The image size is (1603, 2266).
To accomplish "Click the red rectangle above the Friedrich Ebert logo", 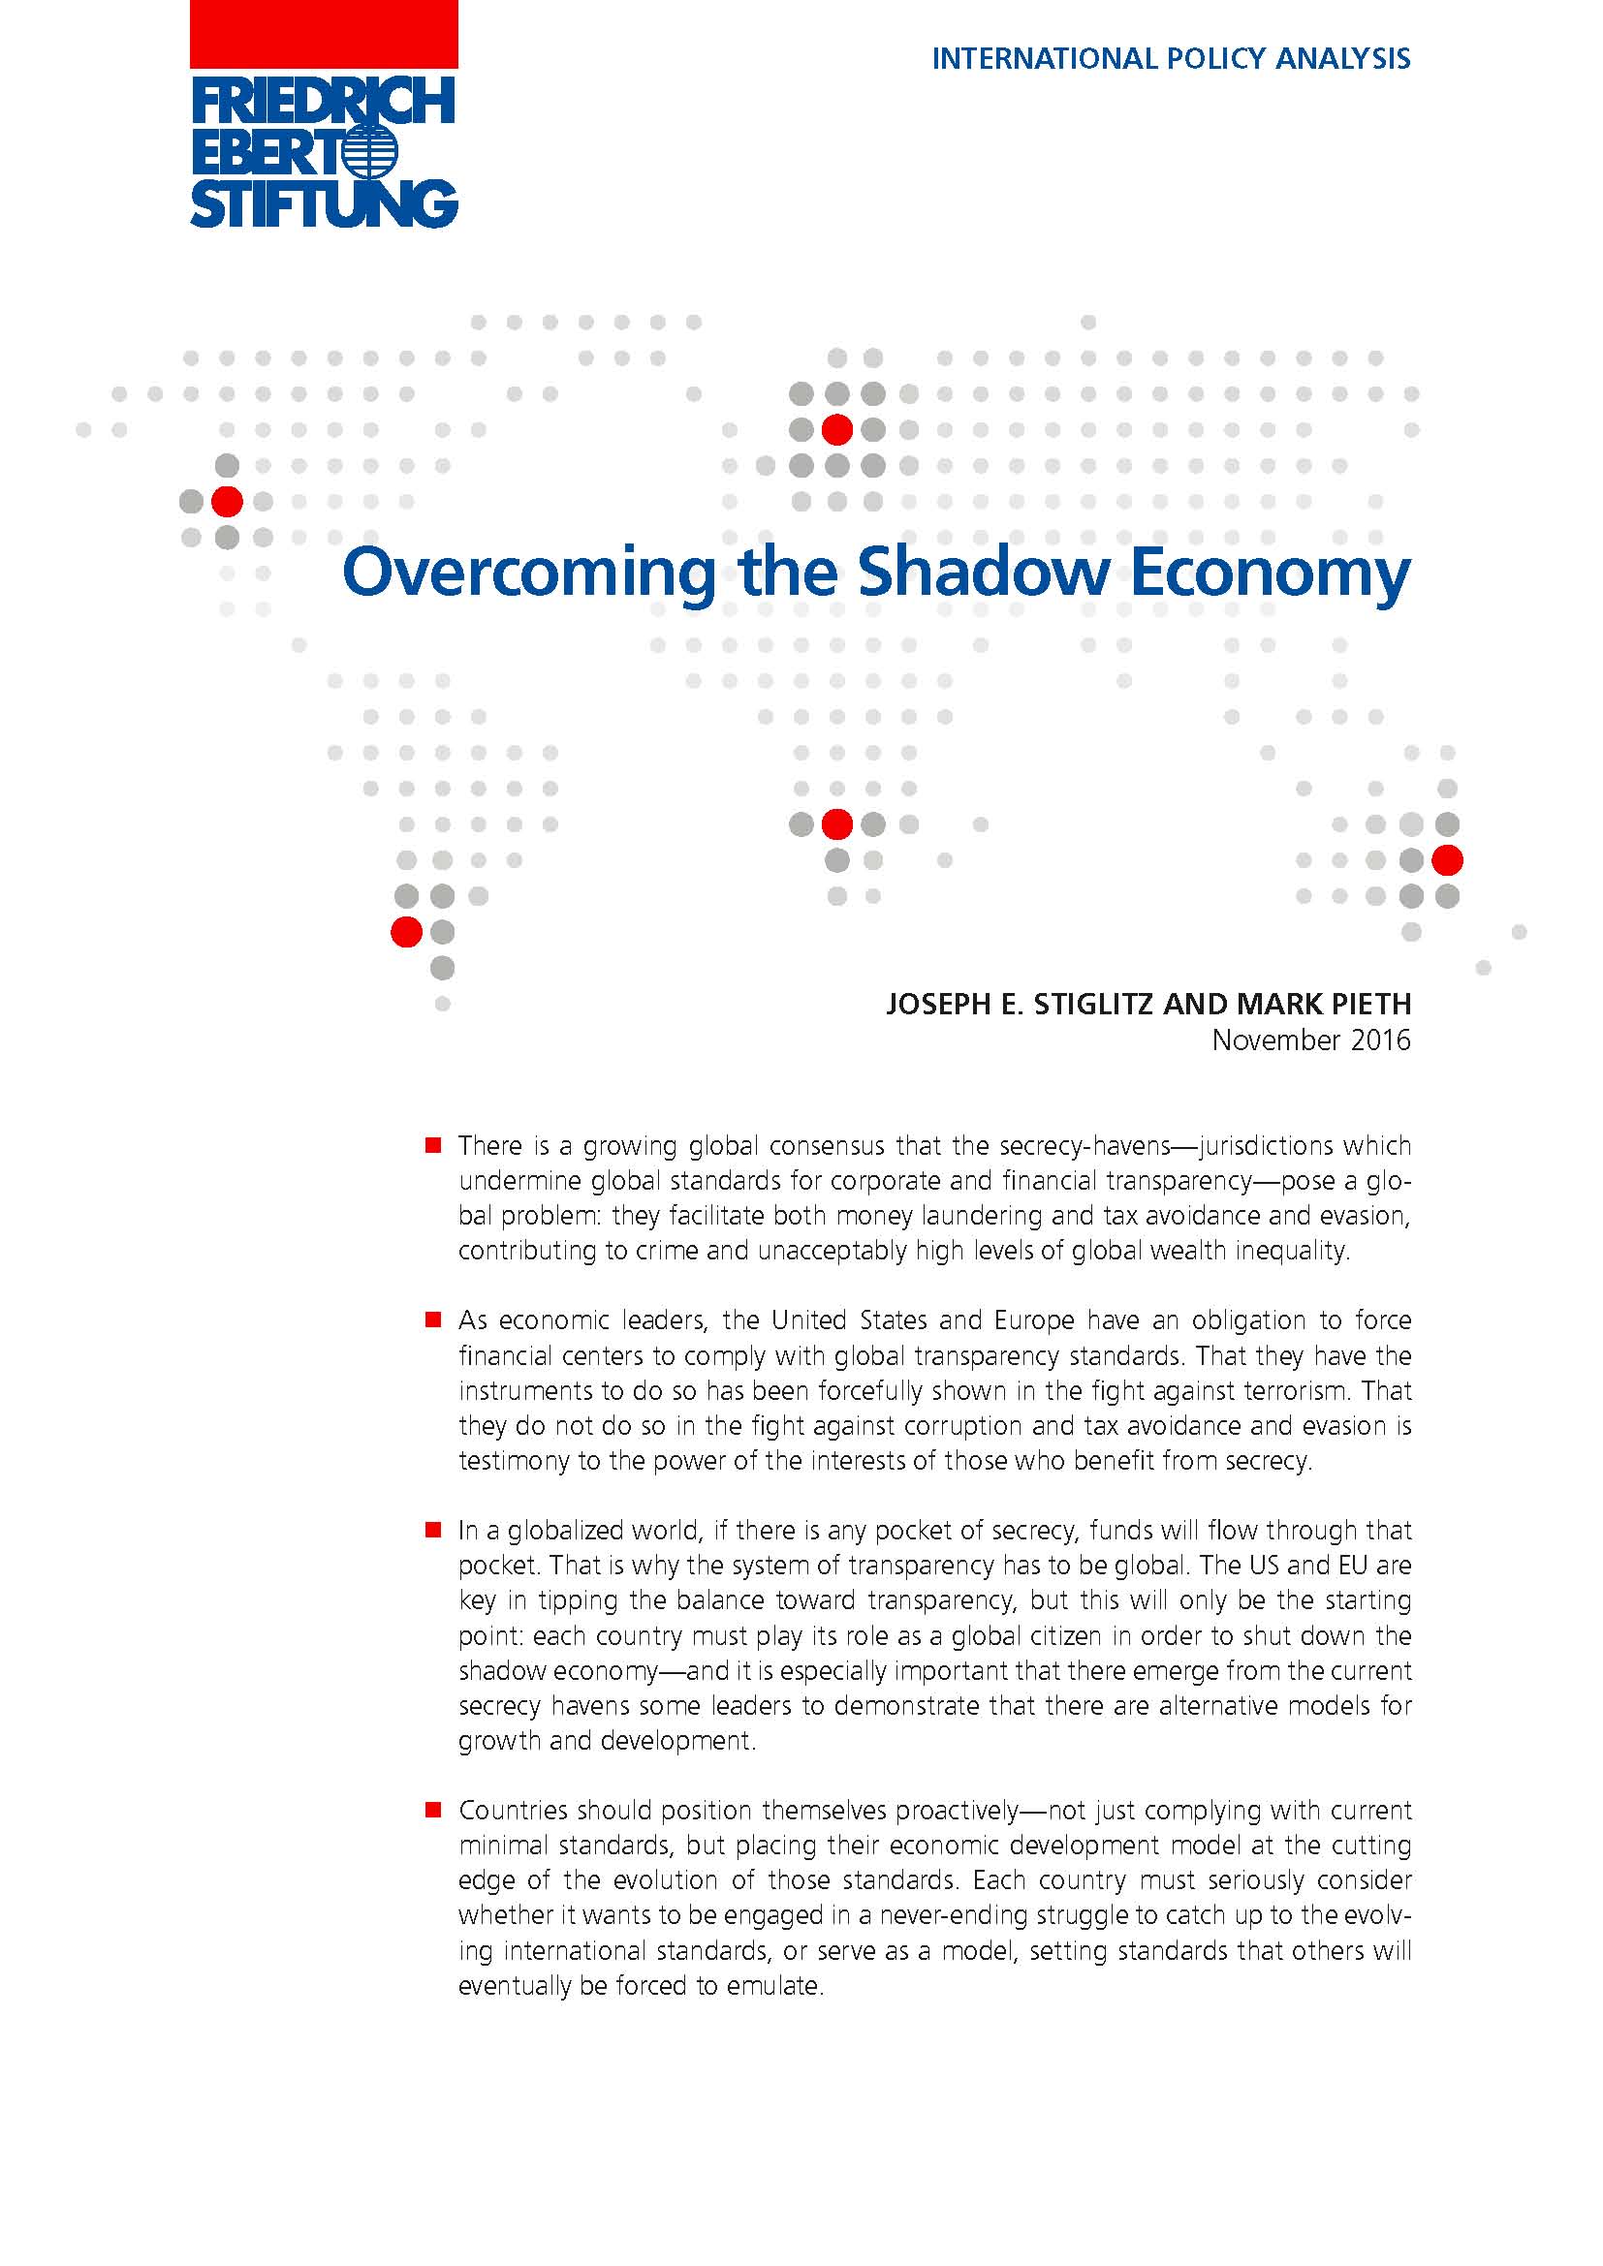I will pyautogui.click(x=323, y=34).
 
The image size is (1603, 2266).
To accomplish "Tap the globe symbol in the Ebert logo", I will pyautogui.click(x=372, y=153).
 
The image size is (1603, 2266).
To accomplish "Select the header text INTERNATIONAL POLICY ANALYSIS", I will pyautogui.click(x=1171, y=59).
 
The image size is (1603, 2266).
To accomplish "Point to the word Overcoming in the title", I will pyautogui.click(x=529, y=574).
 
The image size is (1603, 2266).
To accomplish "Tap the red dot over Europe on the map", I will pyautogui.click(x=837, y=429).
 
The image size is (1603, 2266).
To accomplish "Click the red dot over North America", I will pyautogui.click(x=227, y=502).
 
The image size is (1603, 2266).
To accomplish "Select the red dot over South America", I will pyautogui.click(x=407, y=932).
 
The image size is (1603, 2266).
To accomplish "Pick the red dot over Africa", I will pyautogui.click(x=837, y=823).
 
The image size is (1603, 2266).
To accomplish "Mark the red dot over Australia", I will pyautogui.click(x=1447, y=859).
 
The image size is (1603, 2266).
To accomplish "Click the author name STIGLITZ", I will pyautogui.click(x=1092, y=1004).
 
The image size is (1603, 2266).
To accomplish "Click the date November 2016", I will pyautogui.click(x=1311, y=1040).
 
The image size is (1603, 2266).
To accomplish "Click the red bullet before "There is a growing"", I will pyautogui.click(x=432, y=1146).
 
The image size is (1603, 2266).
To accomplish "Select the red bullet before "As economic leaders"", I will pyautogui.click(x=432, y=1319).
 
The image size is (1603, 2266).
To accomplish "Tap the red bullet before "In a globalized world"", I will pyautogui.click(x=432, y=1530).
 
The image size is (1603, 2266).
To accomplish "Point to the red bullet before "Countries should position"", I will pyautogui.click(x=432, y=1810).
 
